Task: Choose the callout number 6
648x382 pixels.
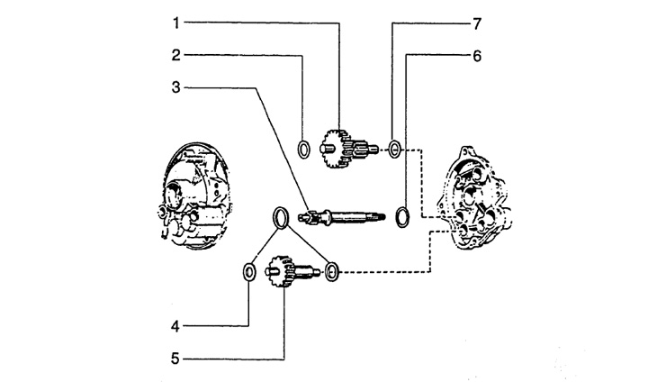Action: pos(477,55)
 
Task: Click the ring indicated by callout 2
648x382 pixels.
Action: pos(305,149)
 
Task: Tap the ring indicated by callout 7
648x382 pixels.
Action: pos(394,147)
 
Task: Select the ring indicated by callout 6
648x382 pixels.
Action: pos(404,214)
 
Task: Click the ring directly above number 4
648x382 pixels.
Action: pos(247,271)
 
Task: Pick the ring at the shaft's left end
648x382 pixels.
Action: pos(281,215)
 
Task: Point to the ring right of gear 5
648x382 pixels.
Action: pos(332,270)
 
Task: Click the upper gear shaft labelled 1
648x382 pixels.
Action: pos(351,148)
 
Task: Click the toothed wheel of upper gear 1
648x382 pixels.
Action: pos(332,147)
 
